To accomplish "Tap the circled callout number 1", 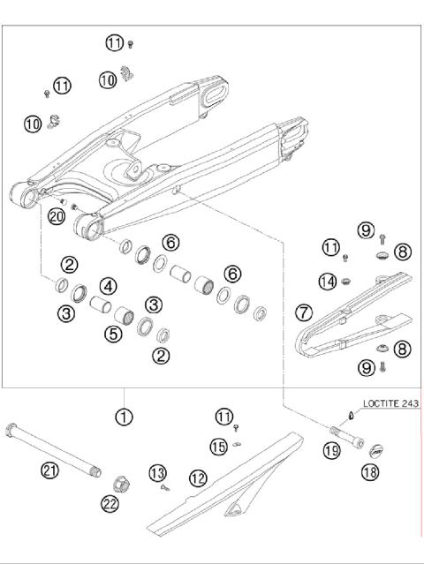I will pyautogui.click(x=125, y=415).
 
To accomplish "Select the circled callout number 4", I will pyautogui.click(x=108, y=286).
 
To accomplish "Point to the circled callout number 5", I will pyautogui.click(x=112, y=334).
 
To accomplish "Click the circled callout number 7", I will pyautogui.click(x=303, y=312).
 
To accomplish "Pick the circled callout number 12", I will pyautogui.click(x=198, y=478).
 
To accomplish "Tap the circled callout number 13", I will pyautogui.click(x=158, y=474).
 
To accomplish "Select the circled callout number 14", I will pyautogui.click(x=328, y=282).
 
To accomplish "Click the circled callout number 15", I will pyautogui.click(x=219, y=447).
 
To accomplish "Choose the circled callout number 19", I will pyautogui.click(x=331, y=451).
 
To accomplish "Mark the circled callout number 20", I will pyautogui.click(x=56, y=216).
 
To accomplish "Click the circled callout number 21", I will pyautogui.click(x=50, y=470).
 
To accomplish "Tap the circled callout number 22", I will pyautogui.click(x=110, y=503).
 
